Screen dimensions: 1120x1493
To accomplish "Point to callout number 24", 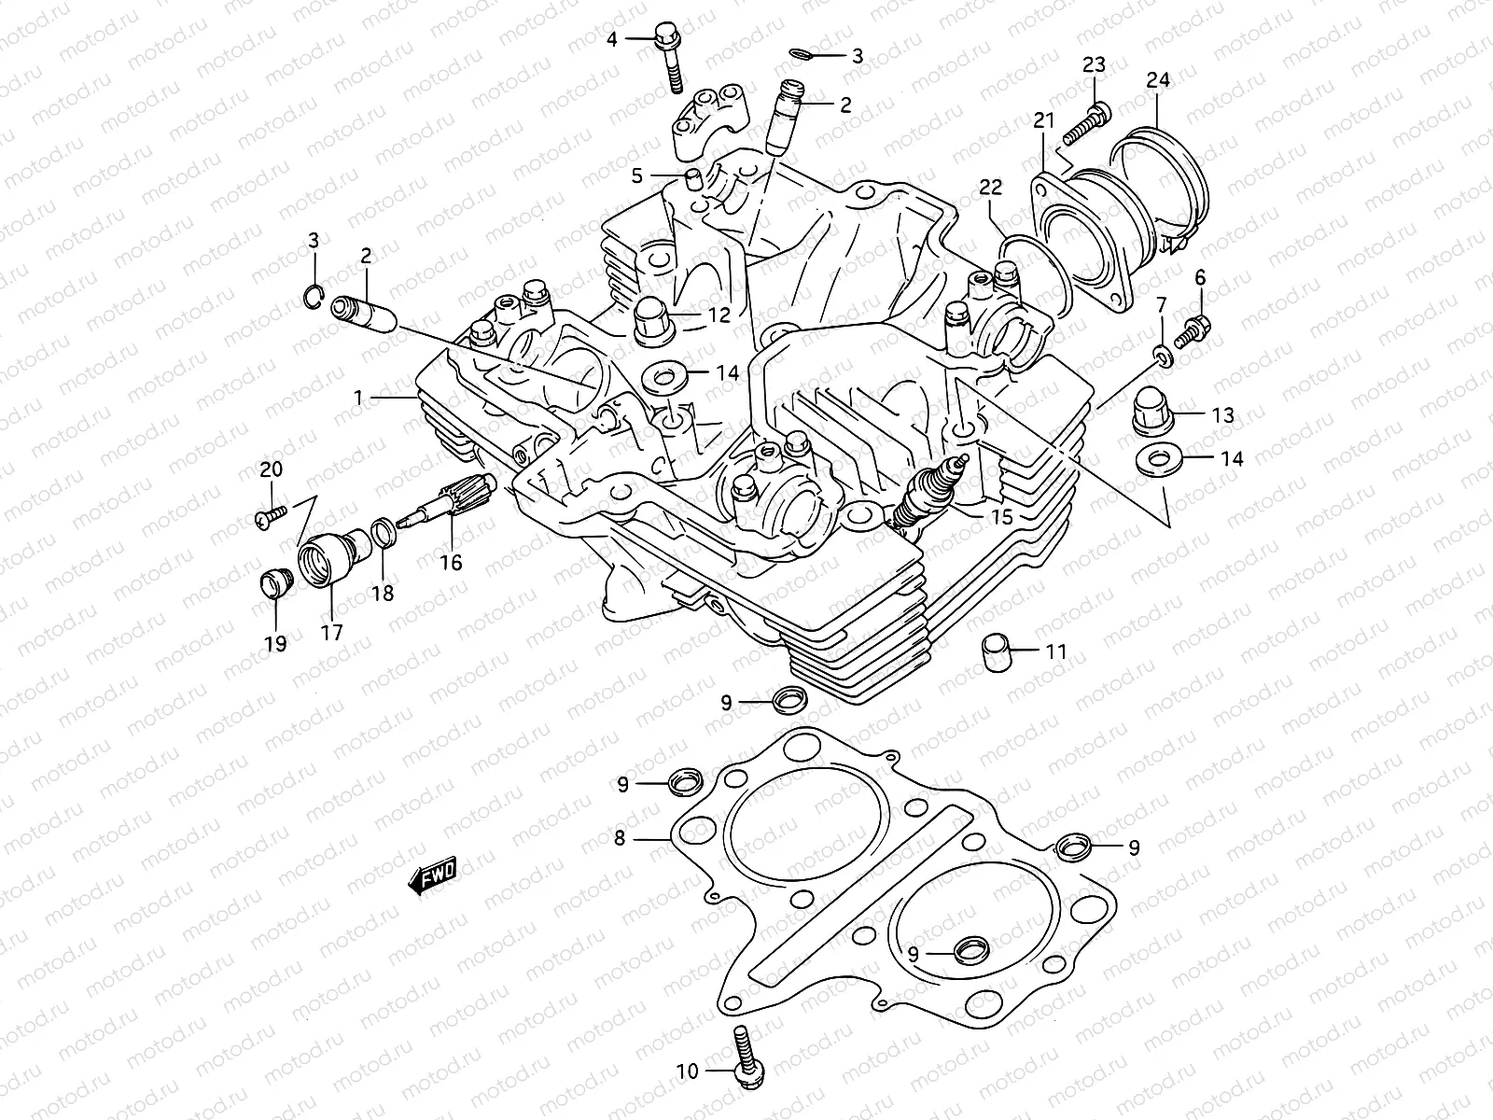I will [x=1157, y=81].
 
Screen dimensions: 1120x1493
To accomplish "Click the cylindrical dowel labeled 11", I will [x=995, y=651].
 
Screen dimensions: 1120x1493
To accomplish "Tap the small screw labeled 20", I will [x=268, y=515].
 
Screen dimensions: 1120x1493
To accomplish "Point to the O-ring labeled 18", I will [x=383, y=532].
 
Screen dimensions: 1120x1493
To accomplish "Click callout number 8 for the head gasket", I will [x=620, y=838].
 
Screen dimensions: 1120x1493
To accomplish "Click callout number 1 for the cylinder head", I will [x=357, y=398].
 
